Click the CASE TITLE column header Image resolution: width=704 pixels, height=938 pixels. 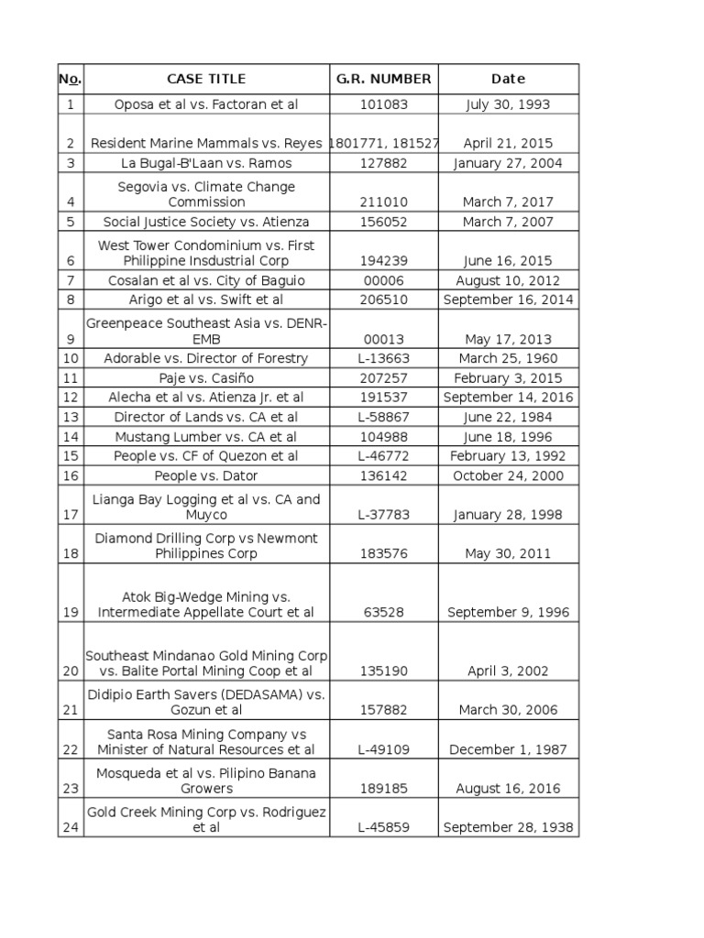[206, 79]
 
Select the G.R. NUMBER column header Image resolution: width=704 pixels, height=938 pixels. [383, 79]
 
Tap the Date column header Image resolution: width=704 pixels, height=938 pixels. [508, 79]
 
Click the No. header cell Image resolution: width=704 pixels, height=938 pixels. [71, 79]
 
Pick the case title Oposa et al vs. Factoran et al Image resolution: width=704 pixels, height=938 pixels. [206, 104]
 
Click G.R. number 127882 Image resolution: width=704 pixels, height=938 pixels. [383, 163]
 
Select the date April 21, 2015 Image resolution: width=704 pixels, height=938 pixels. [508, 144]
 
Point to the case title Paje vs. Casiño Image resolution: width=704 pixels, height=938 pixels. [206, 378]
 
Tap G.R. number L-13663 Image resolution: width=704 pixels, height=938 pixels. [383, 358]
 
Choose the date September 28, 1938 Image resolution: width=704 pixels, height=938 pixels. [508, 827]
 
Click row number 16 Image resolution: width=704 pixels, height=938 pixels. [71, 475]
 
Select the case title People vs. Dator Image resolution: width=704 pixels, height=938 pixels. [206, 475]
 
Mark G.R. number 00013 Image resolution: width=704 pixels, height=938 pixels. [383, 339]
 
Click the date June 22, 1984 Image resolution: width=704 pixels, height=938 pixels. [508, 417]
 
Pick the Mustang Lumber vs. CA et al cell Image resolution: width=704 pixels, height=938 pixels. [206, 437]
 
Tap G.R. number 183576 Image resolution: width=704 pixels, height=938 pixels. [383, 553]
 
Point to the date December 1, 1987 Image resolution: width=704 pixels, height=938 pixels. [508, 749]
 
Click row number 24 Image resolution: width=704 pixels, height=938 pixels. [71, 827]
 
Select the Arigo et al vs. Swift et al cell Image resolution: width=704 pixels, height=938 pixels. [206, 300]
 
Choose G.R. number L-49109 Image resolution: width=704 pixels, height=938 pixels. [383, 749]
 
